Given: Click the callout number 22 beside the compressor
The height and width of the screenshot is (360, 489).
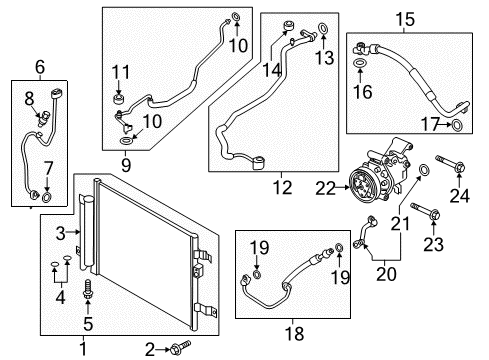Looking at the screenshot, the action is point(325,189).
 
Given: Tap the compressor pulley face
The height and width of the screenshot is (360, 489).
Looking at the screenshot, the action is point(363,185).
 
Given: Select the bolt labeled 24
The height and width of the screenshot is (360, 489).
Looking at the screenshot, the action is point(450,163).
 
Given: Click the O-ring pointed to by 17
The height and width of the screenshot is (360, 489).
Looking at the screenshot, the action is point(457,126).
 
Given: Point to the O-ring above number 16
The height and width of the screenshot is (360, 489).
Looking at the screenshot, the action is point(359,62).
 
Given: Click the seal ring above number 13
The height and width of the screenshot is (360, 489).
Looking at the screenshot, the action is point(323,28).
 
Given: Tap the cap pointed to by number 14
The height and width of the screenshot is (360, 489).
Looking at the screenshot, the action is point(288,26).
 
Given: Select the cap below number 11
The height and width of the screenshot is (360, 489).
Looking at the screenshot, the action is point(118,99).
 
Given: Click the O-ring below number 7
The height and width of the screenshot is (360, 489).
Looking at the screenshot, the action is point(47,197).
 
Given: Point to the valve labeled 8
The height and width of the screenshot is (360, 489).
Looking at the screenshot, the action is point(43,118).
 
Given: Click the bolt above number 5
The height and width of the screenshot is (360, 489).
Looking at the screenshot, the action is point(88,289).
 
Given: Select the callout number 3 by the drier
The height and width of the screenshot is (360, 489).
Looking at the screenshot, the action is point(60,233).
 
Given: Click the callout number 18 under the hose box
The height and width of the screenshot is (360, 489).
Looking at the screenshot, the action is point(295,334).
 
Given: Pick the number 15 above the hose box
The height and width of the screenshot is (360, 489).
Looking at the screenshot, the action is point(405,19).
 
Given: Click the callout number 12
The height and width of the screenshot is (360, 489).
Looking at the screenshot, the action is point(282,188).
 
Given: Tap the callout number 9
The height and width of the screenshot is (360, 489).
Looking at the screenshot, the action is point(126,165).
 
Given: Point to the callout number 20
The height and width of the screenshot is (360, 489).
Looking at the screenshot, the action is point(386,274).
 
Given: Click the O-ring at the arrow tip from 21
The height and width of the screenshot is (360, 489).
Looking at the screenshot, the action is point(424,170).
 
